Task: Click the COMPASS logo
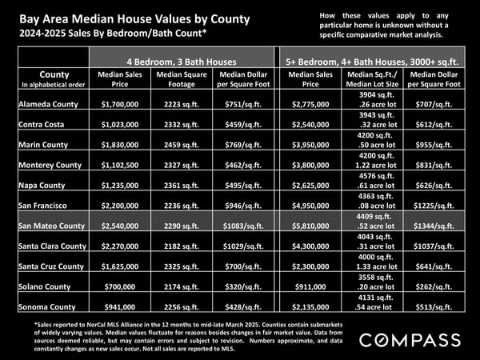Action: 410,340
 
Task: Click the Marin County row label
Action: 43,145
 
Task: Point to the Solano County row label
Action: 44,287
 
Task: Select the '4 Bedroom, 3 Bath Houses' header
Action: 182,62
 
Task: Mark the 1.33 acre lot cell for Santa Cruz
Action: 377,266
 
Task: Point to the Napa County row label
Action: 42,186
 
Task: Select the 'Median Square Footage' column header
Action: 182,79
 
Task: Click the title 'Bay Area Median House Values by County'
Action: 134,19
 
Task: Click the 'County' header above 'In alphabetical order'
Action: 54,74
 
